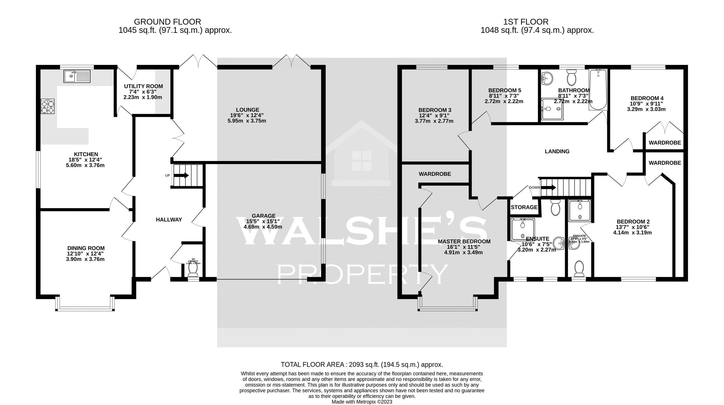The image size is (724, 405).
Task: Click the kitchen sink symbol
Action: tap(77, 76)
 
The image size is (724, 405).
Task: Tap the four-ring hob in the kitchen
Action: tap(48, 106)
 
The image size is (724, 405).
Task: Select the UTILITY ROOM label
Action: tap(143, 87)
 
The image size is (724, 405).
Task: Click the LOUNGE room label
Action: tap(247, 110)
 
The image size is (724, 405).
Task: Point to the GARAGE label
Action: tap(264, 216)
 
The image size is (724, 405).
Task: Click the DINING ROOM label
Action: tap(86, 248)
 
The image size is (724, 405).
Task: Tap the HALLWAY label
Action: tap(169, 220)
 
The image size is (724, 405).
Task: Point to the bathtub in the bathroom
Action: tap(598, 89)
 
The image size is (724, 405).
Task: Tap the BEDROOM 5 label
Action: tap(505, 90)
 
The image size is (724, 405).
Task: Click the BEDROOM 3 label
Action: tap(435, 110)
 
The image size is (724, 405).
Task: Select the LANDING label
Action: tap(557, 151)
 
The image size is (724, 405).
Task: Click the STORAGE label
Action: tap(524, 207)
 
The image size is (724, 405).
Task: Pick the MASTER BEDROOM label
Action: tap(464, 242)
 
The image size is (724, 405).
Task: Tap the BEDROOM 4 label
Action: tap(647, 98)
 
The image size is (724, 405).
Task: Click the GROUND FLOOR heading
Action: tap(167, 22)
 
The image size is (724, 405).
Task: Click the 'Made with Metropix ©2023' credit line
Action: tap(362, 402)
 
